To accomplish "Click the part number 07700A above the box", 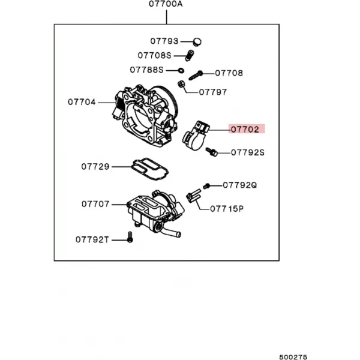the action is pos(166,4).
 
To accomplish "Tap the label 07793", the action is pos(164,41).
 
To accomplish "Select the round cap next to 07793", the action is pos(197,42).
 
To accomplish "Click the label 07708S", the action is pos(155,55).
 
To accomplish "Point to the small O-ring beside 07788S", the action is pos(181,70).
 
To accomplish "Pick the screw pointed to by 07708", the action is pos(196,76).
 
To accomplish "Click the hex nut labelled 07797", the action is pos(181,84).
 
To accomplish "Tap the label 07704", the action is pos(82,102).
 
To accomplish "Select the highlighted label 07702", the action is pos(245,130).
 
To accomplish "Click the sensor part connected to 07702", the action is pos(196,136).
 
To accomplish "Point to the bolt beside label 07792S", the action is pos(211,152).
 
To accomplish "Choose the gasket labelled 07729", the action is pos(149,169).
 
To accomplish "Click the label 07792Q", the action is pos(240,185).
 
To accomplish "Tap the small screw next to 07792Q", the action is pos(206,186).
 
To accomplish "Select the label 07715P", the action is pos(227,209).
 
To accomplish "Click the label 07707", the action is pos(95,204).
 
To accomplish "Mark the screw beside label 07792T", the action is pos(130,237).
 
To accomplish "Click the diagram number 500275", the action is pos(293,357).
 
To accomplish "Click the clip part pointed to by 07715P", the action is pos(194,196).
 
